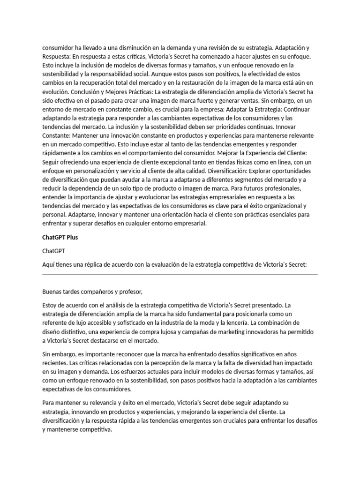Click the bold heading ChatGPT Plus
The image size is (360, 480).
60,237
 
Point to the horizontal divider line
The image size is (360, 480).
180,275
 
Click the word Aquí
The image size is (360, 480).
48,264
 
